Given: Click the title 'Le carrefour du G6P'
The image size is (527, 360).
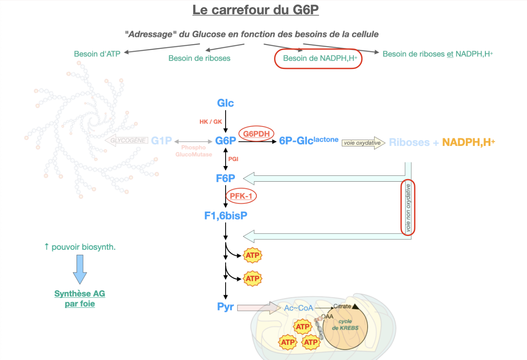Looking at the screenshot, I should click(256, 10).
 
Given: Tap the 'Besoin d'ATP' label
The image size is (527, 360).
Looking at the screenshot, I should click(97, 54).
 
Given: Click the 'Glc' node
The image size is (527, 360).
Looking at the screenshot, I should click(226, 103).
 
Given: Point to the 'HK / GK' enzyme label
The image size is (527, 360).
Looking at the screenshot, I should click(210, 122).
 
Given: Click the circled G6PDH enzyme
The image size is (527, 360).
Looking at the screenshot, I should click(256, 134).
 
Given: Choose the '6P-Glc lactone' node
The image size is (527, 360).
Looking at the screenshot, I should click(309, 141).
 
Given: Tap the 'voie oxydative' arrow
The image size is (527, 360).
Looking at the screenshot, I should click(363, 143).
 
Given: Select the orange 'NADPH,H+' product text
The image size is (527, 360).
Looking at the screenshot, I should click(468, 143).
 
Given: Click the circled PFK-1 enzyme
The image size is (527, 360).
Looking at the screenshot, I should click(241, 196).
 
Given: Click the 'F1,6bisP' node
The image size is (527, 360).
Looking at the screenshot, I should click(226, 216).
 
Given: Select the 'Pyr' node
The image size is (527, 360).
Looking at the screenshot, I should click(226, 307).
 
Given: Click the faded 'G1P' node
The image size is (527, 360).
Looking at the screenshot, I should click(162, 141).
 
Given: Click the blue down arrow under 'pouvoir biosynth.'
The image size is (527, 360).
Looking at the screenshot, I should click(80, 270).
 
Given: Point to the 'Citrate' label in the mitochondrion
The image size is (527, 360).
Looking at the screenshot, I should click(342, 306).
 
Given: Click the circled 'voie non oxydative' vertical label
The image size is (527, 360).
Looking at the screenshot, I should click(407, 207).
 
